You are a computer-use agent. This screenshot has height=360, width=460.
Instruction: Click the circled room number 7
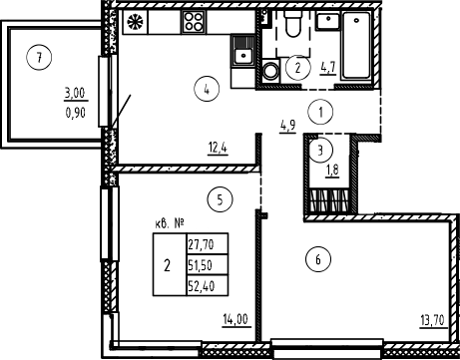(37, 56)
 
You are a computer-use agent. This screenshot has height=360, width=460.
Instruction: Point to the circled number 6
(318, 261)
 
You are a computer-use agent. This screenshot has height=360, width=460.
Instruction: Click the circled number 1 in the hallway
(321, 113)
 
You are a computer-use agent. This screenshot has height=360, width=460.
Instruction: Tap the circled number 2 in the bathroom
(297, 68)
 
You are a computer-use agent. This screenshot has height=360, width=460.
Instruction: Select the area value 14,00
(235, 320)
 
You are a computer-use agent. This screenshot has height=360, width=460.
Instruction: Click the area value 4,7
(328, 69)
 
